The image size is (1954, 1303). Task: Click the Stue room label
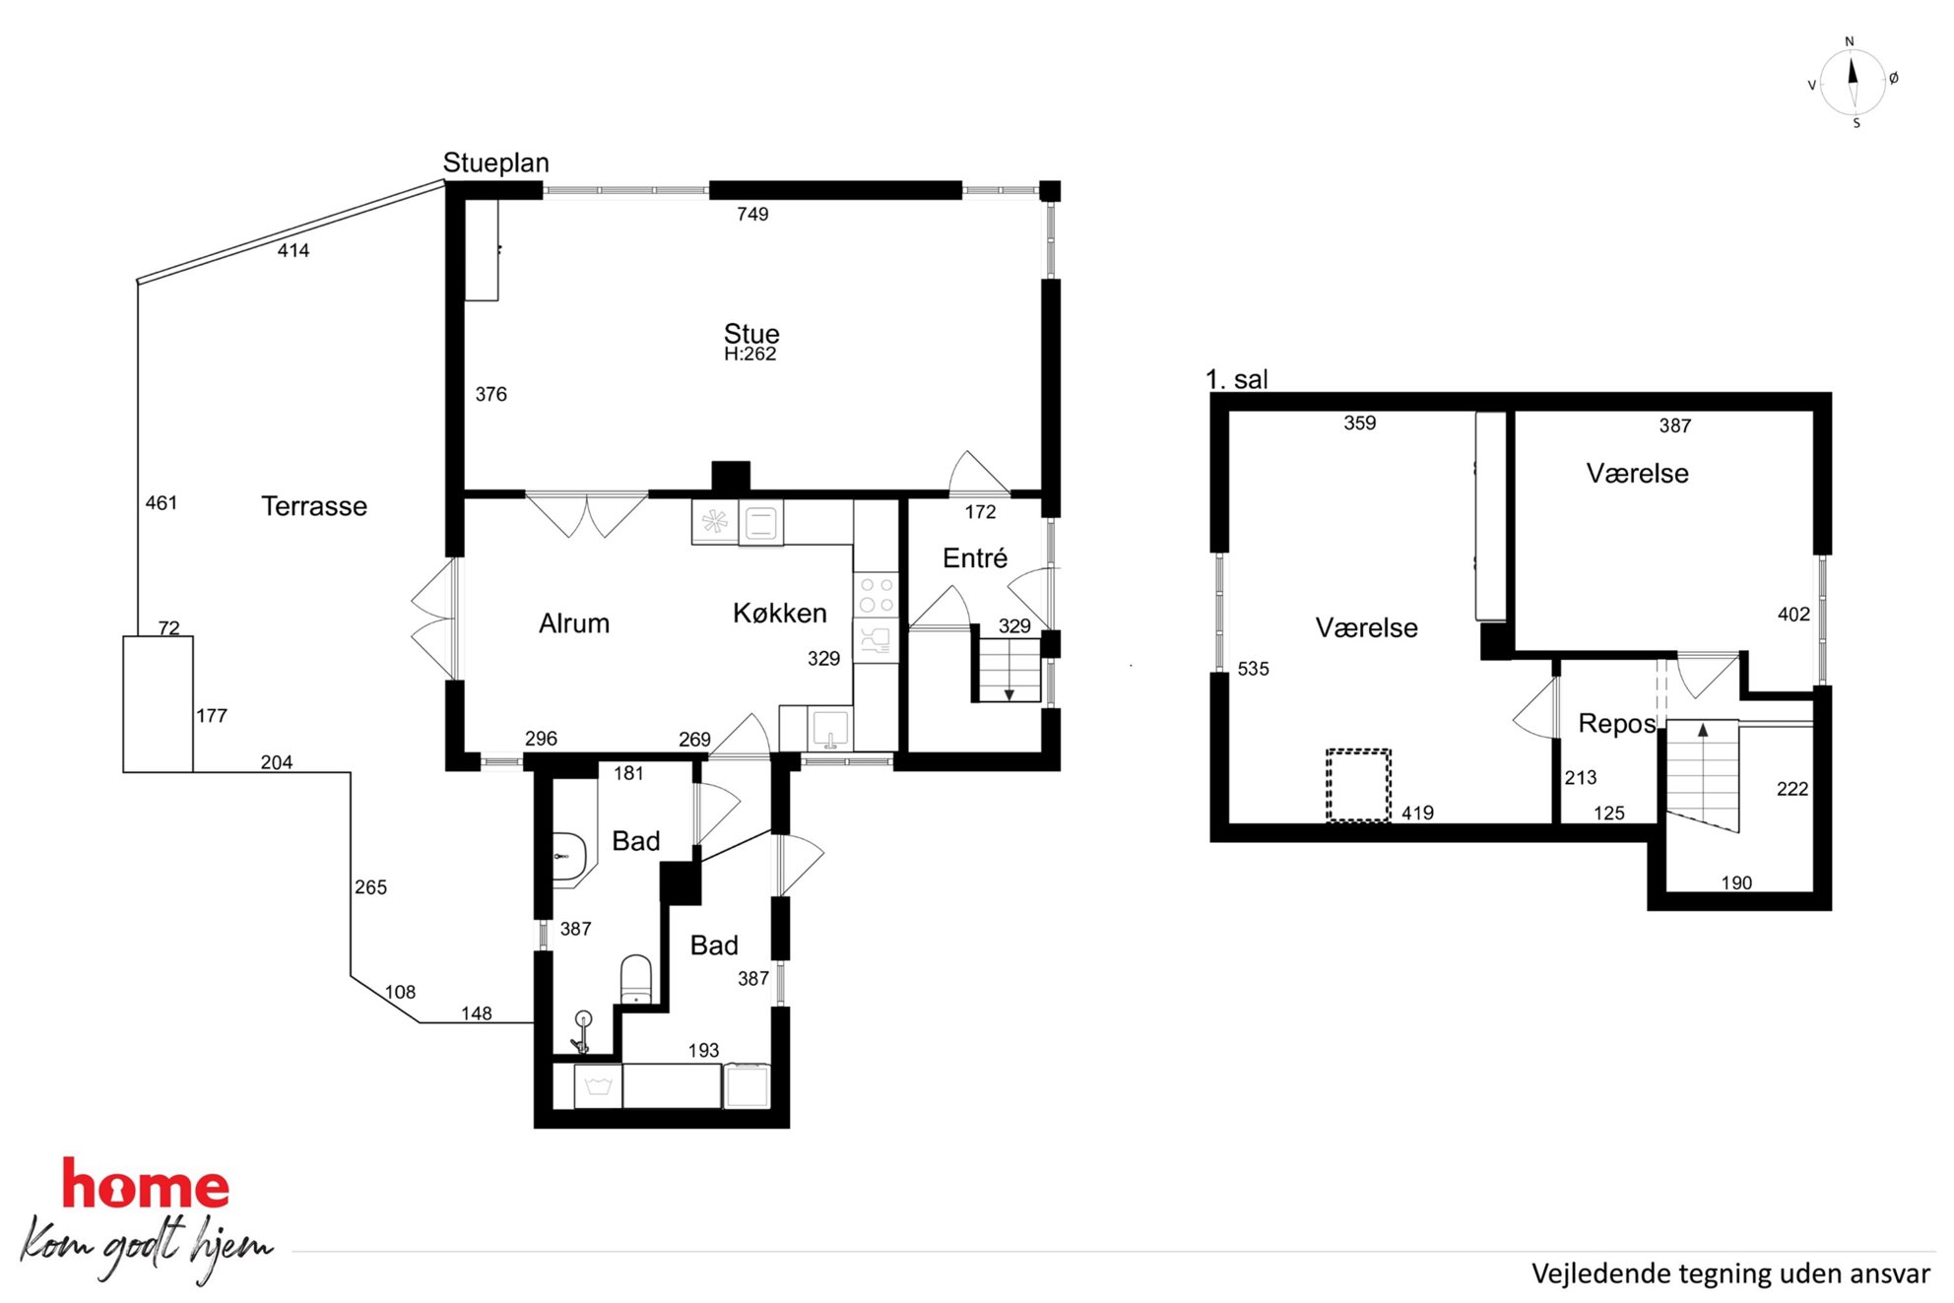tap(751, 334)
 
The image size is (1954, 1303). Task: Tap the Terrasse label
tap(314, 506)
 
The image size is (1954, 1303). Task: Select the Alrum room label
tap(574, 623)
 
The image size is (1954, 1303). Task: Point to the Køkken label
tap(780, 613)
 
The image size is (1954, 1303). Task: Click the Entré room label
tap(975, 558)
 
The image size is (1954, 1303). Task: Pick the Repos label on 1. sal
tap(1617, 724)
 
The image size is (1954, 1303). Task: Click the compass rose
tap(1853, 83)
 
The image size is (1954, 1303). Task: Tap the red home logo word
tap(146, 1184)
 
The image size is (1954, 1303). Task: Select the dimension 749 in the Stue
tap(752, 214)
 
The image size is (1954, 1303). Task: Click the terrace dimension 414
tap(293, 250)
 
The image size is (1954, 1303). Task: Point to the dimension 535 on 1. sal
tap(1253, 669)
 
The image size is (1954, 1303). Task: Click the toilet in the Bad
tap(636, 979)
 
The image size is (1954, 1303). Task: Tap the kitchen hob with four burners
tap(877, 595)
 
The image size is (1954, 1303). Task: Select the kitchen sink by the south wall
tap(830, 729)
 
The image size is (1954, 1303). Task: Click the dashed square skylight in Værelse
tap(1358, 785)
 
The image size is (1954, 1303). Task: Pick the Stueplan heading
tap(496, 163)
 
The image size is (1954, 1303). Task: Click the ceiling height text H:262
tap(750, 354)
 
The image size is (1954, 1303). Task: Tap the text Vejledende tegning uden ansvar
tap(1730, 1273)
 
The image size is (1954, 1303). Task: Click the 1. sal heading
tap(1237, 379)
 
